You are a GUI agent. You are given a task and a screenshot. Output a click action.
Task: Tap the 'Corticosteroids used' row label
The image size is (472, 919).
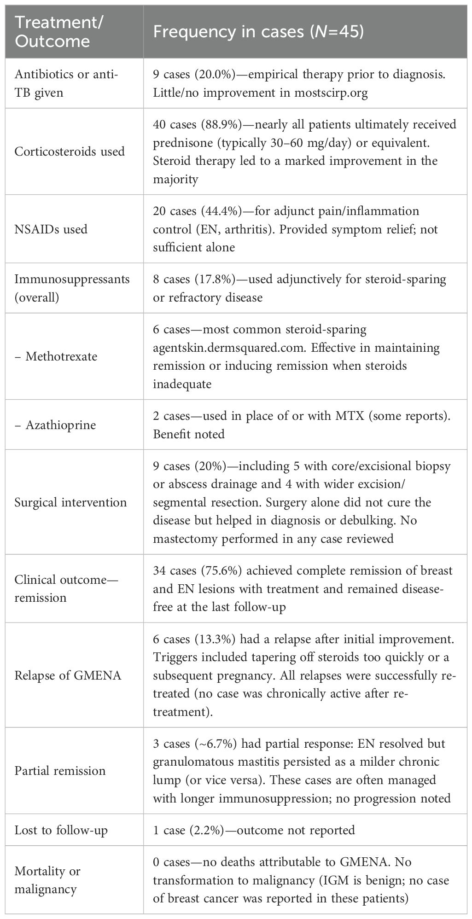tap(70, 151)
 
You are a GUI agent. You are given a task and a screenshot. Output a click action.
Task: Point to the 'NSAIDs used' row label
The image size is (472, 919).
tap(51, 229)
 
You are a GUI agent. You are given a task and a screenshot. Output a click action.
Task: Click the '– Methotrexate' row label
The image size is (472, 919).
tap(56, 356)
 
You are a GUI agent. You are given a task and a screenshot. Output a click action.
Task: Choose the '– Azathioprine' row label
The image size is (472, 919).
tap(55, 425)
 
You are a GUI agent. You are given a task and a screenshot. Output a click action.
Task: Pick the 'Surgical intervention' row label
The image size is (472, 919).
tap(70, 502)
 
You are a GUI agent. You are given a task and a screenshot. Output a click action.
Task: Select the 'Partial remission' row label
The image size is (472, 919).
tap(60, 771)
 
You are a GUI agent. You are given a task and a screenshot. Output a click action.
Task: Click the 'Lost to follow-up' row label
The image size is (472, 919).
tap(61, 830)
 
